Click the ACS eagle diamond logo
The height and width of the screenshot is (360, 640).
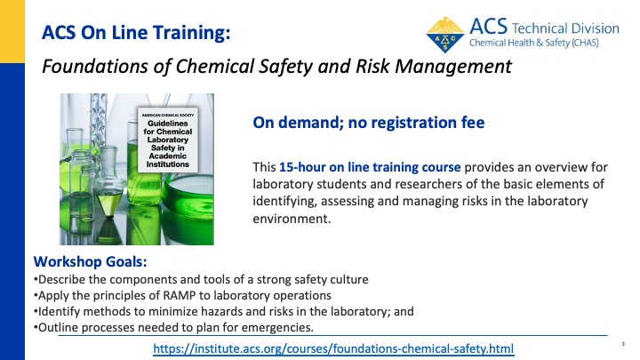(x=445, y=35)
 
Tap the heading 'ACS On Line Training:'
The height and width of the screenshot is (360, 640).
(x=136, y=33)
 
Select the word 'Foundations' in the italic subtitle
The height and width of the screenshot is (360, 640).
(x=95, y=66)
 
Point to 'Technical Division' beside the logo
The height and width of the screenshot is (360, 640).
(x=565, y=28)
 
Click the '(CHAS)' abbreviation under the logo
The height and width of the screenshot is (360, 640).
(x=585, y=43)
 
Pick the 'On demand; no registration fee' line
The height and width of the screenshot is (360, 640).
(x=369, y=123)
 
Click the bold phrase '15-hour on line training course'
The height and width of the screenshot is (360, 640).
(x=370, y=167)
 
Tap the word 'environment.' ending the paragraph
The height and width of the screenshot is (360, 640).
(x=292, y=219)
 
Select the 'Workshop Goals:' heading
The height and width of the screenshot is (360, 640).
(x=90, y=261)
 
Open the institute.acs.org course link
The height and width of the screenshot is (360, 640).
(x=333, y=349)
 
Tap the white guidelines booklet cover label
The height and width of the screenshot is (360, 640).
(x=168, y=140)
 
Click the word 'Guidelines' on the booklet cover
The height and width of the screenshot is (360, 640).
(x=168, y=124)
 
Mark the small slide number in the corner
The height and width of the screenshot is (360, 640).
(x=623, y=344)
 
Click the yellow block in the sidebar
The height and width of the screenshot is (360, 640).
(x=12, y=31)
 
